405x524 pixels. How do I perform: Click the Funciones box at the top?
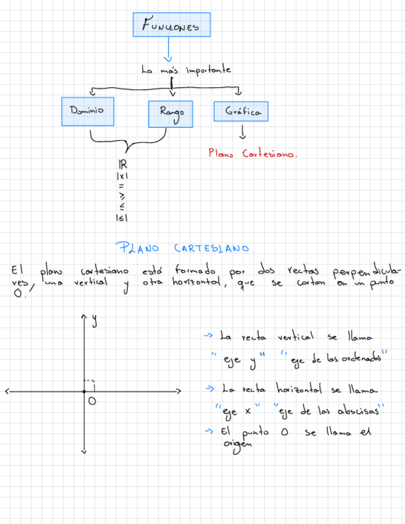click(x=171, y=25)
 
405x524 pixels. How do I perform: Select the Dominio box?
click(x=87, y=111)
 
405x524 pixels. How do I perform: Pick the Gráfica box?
click(x=241, y=112)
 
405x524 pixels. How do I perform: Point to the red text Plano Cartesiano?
click(x=252, y=154)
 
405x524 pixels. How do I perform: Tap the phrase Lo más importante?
click(x=185, y=70)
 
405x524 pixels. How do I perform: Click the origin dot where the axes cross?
click(x=84, y=391)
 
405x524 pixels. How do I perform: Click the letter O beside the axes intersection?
click(x=92, y=402)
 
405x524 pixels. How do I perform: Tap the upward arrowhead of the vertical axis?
click(x=84, y=316)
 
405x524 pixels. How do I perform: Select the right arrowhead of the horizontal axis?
click(x=179, y=391)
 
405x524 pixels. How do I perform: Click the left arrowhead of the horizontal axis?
click(x=6, y=391)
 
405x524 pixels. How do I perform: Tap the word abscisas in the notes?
click(x=358, y=411)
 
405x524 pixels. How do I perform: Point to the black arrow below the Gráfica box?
click(x=242, y=132)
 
